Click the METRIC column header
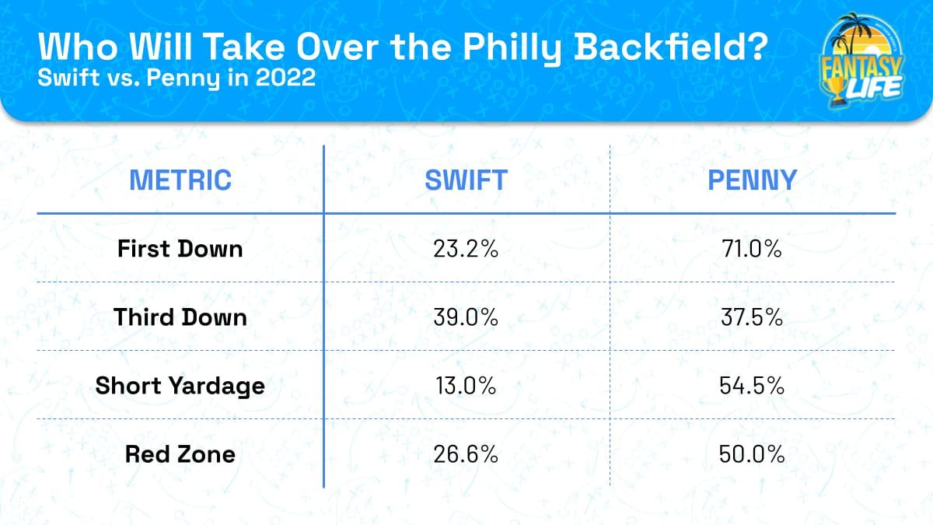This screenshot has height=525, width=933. click(180, 180)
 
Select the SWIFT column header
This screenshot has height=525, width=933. click(466, 180)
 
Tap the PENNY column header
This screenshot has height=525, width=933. click(752, 180)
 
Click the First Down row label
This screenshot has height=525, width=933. click(180, 249)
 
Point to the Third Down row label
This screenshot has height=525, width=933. click(180, 317)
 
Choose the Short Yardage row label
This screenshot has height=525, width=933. click(180, 386)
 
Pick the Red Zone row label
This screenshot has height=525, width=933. click(180, 454)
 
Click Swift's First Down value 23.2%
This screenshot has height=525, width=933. click(466, 249)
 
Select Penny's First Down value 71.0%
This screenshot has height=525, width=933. click(752, 249)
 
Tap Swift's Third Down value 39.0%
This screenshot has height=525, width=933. click(466, 317)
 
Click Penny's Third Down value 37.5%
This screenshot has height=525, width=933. click(752, 317)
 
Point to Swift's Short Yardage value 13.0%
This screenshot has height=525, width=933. click(466, 386)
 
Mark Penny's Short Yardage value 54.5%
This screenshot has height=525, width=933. click(752, 386)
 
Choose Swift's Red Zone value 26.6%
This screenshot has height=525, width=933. click(466, 454)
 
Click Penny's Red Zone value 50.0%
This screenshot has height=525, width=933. click(752, 454)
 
